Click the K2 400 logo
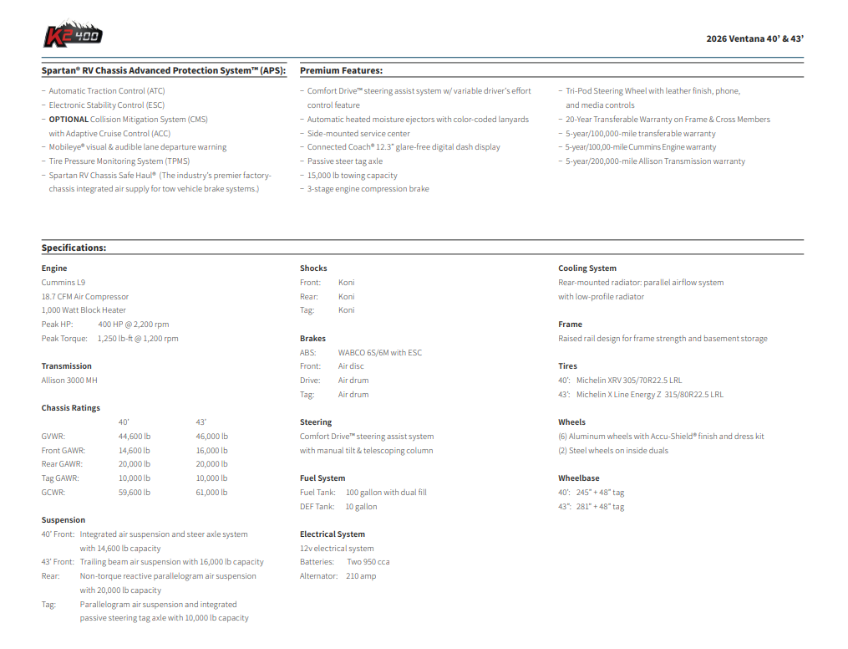(74, 34)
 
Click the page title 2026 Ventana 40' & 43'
(754, 38)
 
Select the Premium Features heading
(341, 71)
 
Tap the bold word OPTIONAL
(69, 120)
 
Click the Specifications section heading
(74, 248)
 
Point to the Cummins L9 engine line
(63, 283)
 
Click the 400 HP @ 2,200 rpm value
(133, 324)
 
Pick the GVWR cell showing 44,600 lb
(135, 437)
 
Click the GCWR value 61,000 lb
(211, 493)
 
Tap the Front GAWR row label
(63, 451)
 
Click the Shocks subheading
(313, 268)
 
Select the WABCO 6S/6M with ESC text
(380, 353)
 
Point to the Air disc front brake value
(351, 366)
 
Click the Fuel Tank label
(317, 493)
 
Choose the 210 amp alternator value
(361, 576)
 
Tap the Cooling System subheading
(587, 268)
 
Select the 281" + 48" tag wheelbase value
(600, 507)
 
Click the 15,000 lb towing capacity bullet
(352, 176)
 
